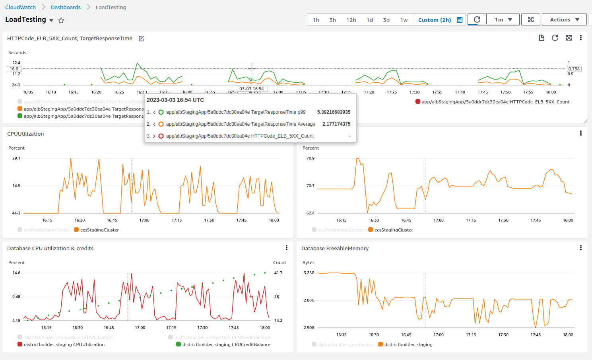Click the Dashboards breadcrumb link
66,7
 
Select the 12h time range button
351,20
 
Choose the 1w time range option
404,20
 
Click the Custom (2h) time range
435,20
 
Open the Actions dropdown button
564,19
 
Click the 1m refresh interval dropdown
503,19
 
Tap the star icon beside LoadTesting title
61,20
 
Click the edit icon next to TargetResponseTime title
141,39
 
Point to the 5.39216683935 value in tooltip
334,112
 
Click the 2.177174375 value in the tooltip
336,124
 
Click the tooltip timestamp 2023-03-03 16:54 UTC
175,100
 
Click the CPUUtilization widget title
25,134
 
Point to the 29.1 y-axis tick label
16,158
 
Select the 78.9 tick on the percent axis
310,158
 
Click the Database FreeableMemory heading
335,248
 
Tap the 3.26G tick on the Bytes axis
309,272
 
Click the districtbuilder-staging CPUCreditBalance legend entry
226,344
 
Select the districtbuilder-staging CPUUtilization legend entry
64,344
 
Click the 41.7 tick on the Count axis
278,272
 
